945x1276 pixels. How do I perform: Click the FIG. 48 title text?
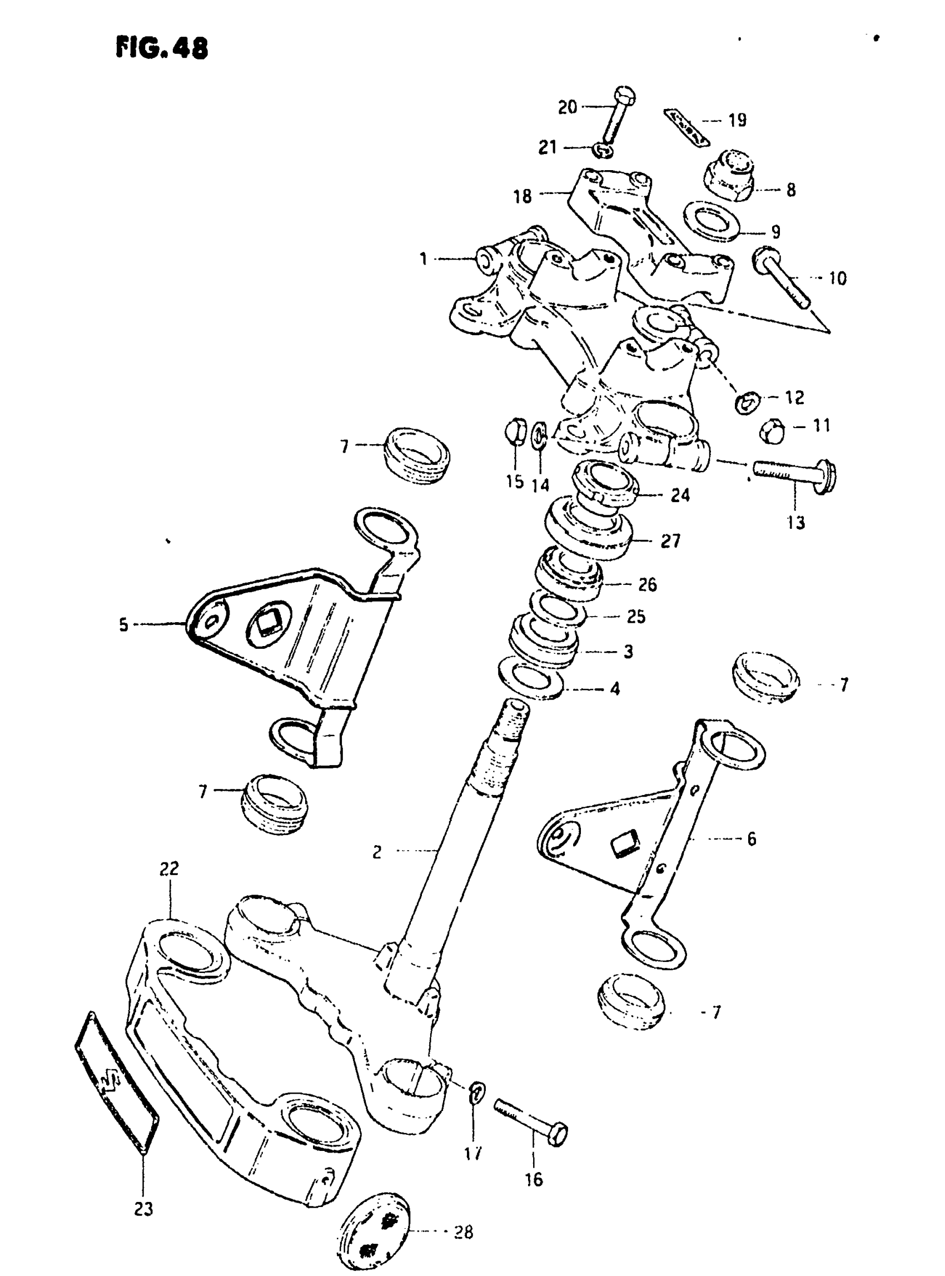(162, 48)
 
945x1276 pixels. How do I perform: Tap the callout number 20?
(567, 107)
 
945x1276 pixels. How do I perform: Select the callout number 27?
(670, 541)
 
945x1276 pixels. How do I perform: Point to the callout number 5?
(123, 625)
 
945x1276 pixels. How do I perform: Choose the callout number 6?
(751, 839)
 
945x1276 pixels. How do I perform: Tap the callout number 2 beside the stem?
(376, 852)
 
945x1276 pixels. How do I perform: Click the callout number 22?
(170, 868)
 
